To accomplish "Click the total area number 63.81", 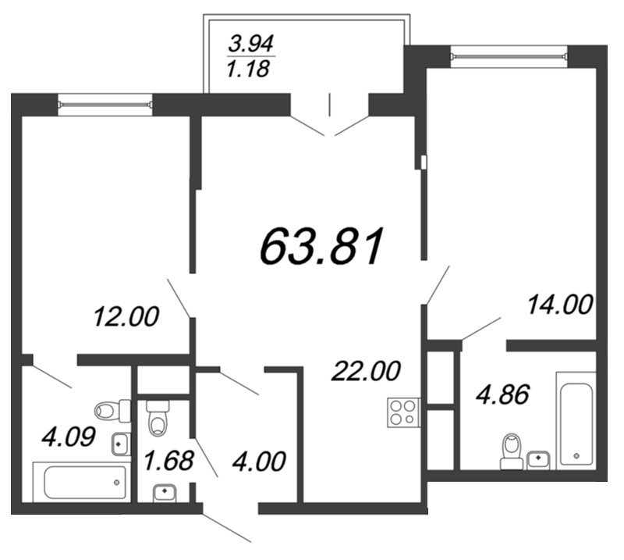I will point(321,247).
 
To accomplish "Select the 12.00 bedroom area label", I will point(126,317).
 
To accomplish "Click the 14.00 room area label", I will point(560,304).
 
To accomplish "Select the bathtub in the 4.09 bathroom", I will point(81,481).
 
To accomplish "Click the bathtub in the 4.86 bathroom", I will point(576,421).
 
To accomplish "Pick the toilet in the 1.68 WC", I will point(158,419).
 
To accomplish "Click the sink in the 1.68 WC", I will point(165,492).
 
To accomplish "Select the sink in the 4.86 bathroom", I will point(538,459).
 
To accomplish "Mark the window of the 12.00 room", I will point(105,102).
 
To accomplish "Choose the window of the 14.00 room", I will point(508,55).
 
